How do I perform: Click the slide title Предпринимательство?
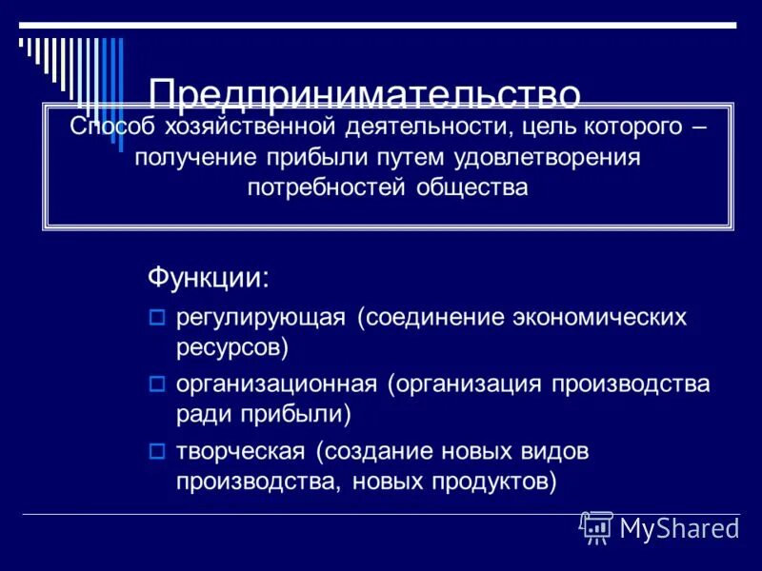tap(365, 93)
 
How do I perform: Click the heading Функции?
tap(208, 278)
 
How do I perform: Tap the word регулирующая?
tap(260, 318)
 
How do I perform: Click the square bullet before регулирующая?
tap(158, 318)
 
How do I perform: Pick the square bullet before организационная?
tap(158, 384)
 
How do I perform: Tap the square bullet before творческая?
tap(158, 450)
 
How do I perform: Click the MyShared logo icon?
tap(596, 527)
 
